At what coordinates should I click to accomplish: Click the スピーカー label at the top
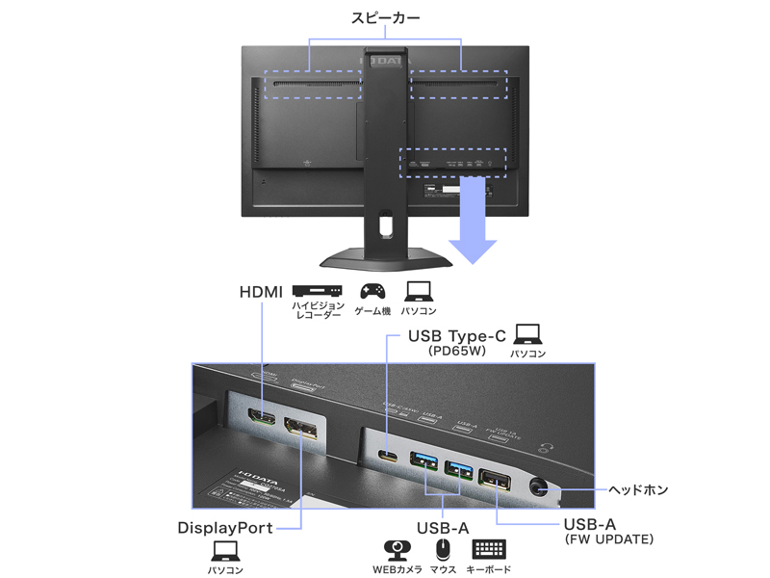click(385, 17)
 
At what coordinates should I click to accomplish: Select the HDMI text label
click(261, 291)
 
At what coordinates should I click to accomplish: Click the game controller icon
click(372, 291)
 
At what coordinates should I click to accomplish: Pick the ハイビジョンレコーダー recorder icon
click(318, 290)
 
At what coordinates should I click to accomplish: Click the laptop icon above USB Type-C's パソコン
click(527, 334)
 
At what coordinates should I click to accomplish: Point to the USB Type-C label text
click(456, 336)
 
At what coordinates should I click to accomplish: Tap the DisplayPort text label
click(225, 528)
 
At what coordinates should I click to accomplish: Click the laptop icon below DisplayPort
click(225, 551)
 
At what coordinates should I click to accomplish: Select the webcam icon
click(397, 550)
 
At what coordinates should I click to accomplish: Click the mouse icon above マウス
click(443, 550)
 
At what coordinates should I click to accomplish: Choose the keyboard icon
click(489, 550)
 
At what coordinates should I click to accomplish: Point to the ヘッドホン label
click(638, 490)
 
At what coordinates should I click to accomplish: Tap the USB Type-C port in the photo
click(390, 457)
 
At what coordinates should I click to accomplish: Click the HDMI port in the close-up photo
click(261, 421)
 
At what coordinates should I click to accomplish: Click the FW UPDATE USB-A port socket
click(496, 477)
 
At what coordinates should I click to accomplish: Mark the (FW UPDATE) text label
click(608, 539)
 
